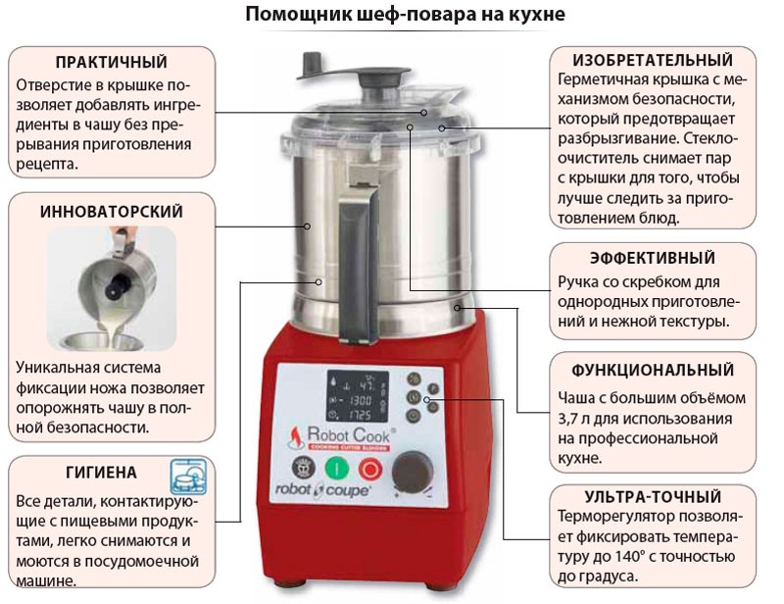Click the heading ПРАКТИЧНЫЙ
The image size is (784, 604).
click(112, 62)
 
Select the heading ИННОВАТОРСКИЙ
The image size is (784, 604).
click(112, 212)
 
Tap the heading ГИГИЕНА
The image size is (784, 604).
click(101, 473)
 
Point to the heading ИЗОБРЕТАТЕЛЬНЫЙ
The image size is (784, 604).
click(653, 60)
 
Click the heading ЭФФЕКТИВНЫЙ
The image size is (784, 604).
click(653, 258)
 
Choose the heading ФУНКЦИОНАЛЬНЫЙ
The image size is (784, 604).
click(653, 371)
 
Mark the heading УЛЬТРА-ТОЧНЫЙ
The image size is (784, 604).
click(653, 497)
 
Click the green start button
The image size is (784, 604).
click(336, 469)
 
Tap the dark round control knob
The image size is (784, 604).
click(413, 473)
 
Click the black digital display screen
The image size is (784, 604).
click(358, 396)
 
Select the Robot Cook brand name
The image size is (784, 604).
click(349, 434)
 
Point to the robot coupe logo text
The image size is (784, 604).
click(322, 490)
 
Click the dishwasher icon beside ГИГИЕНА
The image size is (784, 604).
click(188, 477)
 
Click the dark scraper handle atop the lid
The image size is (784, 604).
click(353, 70)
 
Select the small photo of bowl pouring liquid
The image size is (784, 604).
click(112, 288)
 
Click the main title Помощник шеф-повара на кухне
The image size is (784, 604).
click(405, 15)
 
